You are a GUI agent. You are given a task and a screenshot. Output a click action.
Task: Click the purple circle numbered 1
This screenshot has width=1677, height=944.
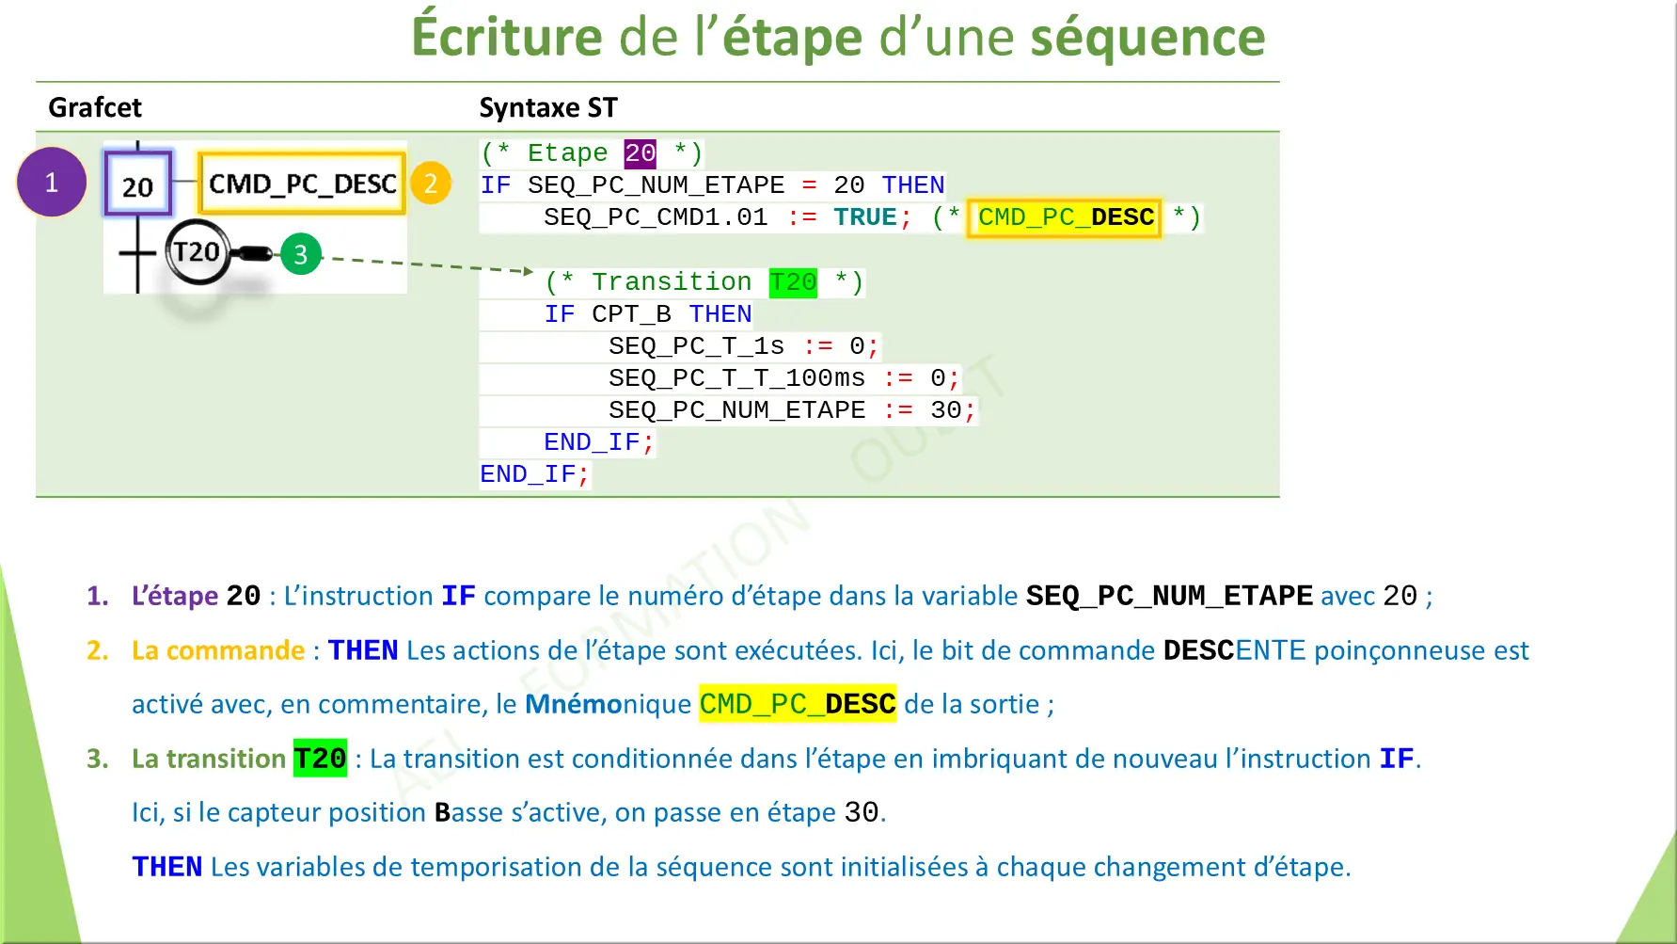52,183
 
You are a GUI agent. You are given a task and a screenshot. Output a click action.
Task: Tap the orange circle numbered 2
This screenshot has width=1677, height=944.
431,184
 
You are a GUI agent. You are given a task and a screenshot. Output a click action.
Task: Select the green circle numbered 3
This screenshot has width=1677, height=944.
301,254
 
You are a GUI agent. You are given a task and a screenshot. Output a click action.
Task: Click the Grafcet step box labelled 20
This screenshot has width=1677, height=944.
137,184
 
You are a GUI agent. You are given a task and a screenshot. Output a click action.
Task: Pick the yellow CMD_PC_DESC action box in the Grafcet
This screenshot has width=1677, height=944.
302,184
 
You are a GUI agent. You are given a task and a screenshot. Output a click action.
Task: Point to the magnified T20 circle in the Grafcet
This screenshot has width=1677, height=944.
197,252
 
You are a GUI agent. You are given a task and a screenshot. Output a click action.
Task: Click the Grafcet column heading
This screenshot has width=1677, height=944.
95,108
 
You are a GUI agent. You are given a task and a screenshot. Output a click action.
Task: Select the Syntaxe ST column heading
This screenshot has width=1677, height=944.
548,108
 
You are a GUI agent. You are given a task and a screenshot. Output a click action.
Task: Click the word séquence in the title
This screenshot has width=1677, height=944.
1147,38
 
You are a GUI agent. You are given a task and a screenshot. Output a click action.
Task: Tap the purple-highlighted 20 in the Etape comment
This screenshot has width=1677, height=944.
640,153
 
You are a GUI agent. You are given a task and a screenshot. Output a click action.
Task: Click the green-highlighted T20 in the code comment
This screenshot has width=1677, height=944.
793,282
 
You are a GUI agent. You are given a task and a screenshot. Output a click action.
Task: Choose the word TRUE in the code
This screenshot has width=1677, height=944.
864,217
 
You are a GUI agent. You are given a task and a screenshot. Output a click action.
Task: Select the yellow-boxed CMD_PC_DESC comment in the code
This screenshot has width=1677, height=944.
1065,217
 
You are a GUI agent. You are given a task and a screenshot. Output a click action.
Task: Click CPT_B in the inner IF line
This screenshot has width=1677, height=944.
631,314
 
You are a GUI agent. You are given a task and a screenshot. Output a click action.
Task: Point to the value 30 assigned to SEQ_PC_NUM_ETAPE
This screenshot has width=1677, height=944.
945,410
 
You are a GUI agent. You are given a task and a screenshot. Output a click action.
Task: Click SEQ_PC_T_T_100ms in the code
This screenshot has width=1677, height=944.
736,378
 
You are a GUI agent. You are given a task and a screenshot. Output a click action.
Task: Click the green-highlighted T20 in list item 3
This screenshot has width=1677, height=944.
320,759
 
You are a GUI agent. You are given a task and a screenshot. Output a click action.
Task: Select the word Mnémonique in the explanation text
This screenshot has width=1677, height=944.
608,704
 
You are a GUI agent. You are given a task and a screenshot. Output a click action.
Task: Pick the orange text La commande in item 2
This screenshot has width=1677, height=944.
218,650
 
